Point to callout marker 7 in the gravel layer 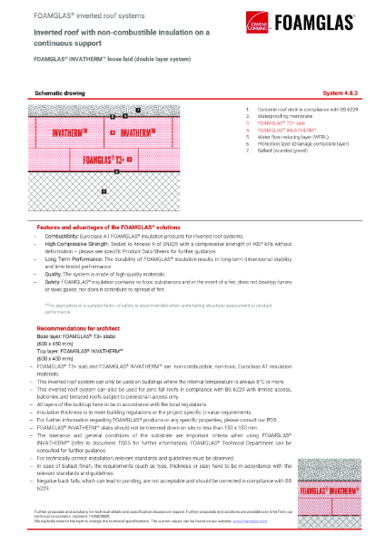(137, 110)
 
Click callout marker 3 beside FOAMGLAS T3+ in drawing (130, 159)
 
